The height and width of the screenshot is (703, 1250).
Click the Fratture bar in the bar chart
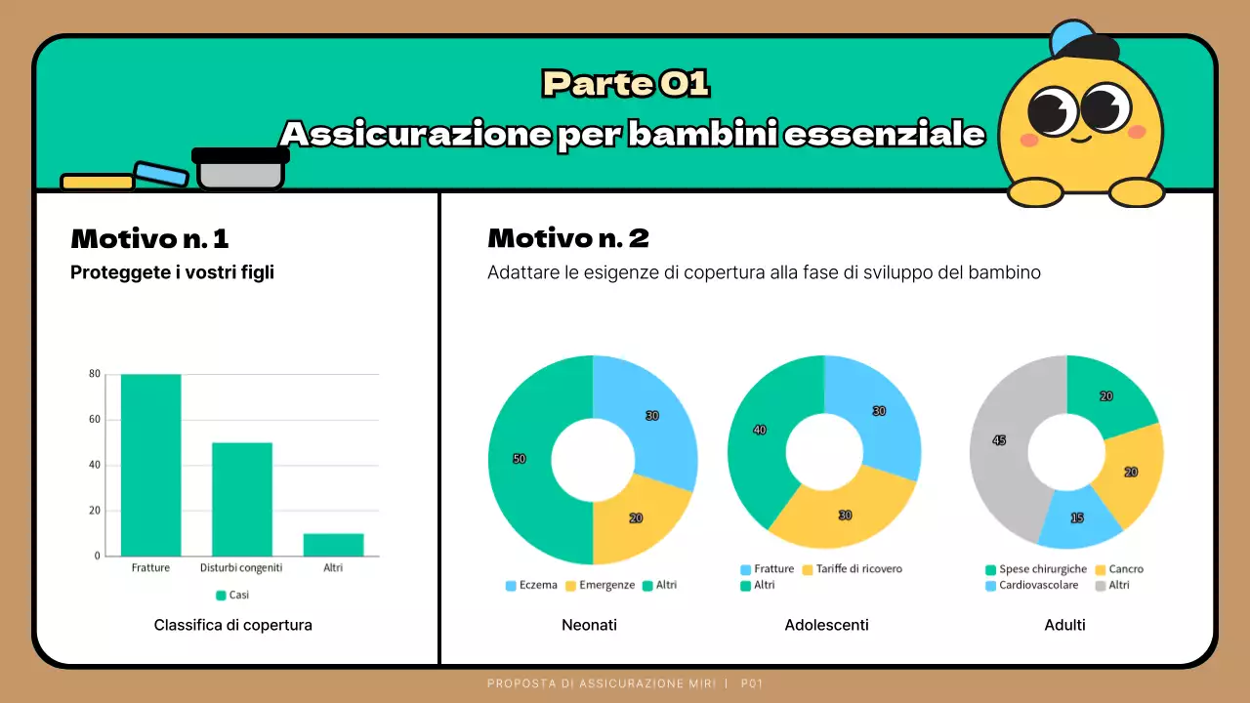point(150,465)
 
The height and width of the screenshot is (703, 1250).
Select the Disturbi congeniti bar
point(241,499)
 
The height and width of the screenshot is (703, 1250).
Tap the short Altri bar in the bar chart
point(333,545)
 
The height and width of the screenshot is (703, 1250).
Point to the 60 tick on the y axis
point(95,420)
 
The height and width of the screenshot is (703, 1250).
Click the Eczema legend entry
point(531,586)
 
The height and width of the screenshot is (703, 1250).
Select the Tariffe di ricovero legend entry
point(852,569)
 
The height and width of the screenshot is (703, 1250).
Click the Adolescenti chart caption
point(826,625)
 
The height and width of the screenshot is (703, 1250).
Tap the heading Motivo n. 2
point(568,238)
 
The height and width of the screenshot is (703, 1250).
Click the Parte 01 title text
point(625,85)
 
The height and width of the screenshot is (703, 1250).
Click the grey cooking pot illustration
point(240,170)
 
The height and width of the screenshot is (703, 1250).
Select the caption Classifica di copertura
point(233,625)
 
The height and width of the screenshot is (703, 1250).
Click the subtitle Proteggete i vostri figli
point(172,272)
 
